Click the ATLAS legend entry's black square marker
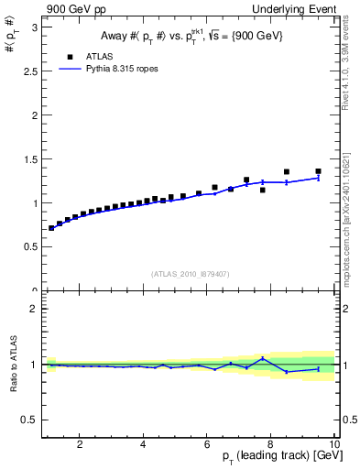click(x=70, y=56)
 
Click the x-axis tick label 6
click(x=208, y=444)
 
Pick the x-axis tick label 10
click(x=334, y=444)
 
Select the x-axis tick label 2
click(x=81, y=444)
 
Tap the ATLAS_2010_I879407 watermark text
click(x=190, y=273)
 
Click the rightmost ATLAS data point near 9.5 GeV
click(x=319, y=171)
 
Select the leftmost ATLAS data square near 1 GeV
click(x=52, y=228)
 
